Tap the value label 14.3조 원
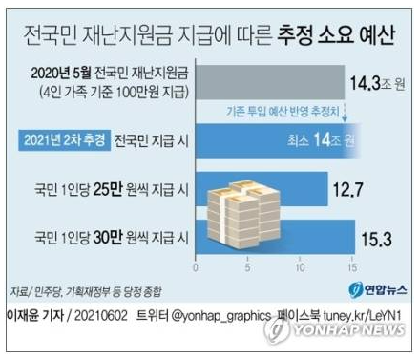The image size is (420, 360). (376, 83)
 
